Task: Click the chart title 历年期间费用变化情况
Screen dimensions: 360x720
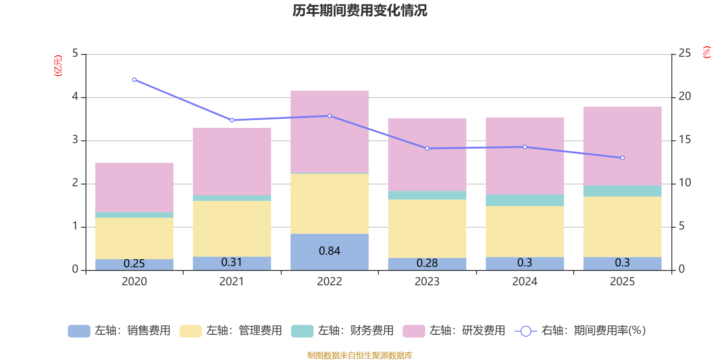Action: [360, 10]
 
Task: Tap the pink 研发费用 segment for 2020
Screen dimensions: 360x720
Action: [134, 187]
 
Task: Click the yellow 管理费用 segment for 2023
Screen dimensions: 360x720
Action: [427, 229]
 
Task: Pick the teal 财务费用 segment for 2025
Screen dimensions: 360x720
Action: [622, 191]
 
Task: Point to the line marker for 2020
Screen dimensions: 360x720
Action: [134, 80]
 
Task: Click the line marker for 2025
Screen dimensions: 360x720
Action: [622, 158]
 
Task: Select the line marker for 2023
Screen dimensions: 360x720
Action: [427, 148]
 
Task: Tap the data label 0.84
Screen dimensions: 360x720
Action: [329, 251]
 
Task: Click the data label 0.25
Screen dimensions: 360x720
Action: [134, 264]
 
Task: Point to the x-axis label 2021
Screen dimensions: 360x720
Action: [232, 282]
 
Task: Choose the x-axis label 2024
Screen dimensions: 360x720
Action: [525, 282]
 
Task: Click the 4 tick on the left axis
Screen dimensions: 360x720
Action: [75, 97]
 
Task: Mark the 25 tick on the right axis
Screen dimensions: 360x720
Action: [684, 54]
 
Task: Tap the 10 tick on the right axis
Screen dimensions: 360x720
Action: [684, 183]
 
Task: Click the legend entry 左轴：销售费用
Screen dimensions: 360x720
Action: [119, 331]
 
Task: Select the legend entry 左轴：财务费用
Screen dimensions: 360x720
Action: [342, 331]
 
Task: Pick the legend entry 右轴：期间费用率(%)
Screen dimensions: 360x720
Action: [580, 331]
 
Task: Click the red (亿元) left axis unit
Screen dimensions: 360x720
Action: [58, 66]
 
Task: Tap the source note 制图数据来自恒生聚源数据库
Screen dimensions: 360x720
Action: [360, 355]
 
